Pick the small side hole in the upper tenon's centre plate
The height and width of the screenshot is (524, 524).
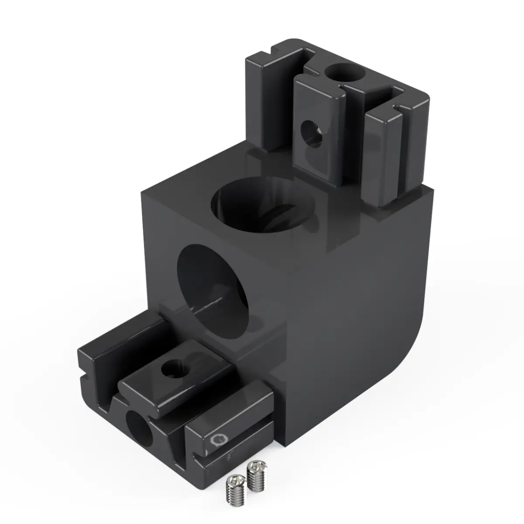311,133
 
